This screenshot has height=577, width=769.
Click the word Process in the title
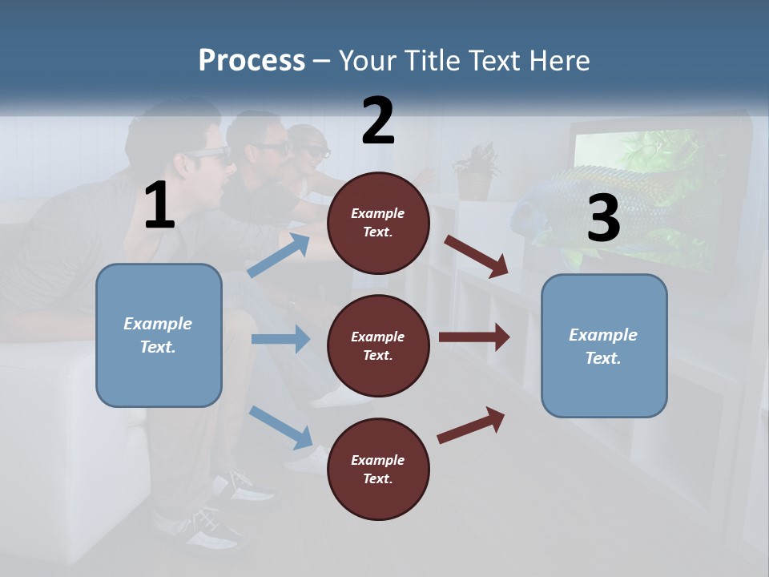(252, 61)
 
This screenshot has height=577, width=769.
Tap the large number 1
(159, 206)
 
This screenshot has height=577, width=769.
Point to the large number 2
(377, 121)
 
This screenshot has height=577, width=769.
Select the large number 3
(603, 219)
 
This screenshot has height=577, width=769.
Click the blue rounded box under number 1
(159, 335)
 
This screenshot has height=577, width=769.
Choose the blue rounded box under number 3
(604, 345)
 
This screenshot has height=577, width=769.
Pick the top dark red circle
(378, 223)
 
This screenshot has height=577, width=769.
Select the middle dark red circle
(378, 345)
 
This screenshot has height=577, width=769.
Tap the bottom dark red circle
(378, 469)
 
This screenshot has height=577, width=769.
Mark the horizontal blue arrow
(280, 339)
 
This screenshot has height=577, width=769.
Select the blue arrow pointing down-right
(280, 426)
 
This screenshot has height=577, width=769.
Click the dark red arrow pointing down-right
(477, 256)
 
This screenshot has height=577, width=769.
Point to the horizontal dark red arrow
(474, 337)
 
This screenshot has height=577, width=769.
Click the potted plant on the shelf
(476, 170)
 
